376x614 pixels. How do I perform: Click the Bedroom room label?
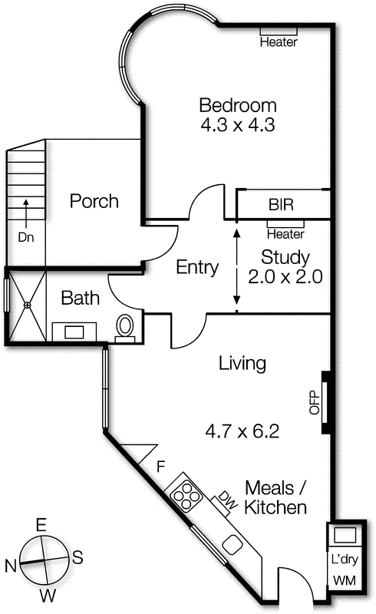[238, 106]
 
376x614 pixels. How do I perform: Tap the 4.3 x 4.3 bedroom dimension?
[238, 125]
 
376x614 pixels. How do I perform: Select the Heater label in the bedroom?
[279, 42]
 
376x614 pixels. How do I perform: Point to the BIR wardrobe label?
[281, 205]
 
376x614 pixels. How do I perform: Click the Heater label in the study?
[285, 234]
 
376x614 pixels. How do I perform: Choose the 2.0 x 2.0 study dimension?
[285, 277]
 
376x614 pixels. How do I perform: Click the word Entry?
[197, 268]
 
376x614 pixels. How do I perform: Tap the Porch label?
[94, 201]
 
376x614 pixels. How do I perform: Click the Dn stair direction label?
[26, 237]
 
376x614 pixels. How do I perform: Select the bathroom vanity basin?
[74, 332]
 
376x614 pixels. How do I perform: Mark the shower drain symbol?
[27, 305]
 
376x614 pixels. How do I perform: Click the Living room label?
[242, 364]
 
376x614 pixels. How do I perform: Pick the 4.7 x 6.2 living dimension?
[242, 431]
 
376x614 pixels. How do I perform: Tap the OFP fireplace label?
[315, 402]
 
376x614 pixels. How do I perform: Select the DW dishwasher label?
[229, 500]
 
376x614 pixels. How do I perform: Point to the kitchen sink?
[233, 545]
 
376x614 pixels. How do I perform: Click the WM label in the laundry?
[345, 581]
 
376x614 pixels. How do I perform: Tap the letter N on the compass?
[11, 566]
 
